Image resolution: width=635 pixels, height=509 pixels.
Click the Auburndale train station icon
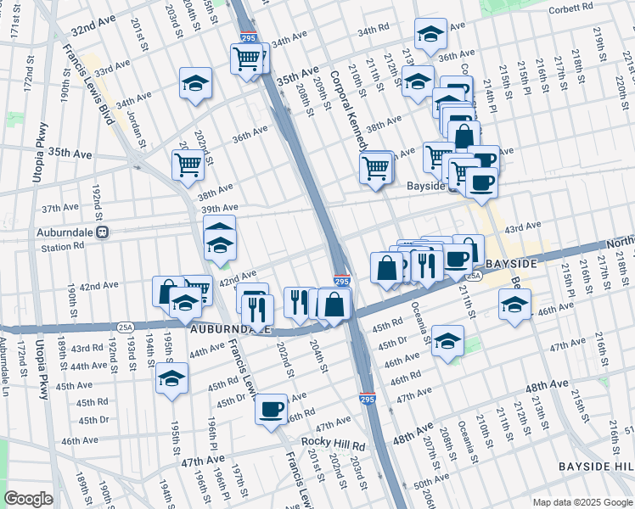tap(101, 231)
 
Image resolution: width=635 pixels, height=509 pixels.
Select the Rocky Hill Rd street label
tap(333, 445)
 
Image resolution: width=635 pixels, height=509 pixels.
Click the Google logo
tap(29, 499)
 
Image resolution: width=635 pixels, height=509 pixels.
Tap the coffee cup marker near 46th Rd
tap(272, 409)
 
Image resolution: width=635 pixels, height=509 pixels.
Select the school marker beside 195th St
tap(172, 378)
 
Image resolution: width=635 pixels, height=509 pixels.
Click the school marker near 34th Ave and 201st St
tap(196, 83)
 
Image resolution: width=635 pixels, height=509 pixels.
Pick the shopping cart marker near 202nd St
tap(188, 165)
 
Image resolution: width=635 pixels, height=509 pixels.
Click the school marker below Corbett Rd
tap(431, 34)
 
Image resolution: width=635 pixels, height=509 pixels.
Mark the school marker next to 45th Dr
tap(447, 341)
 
